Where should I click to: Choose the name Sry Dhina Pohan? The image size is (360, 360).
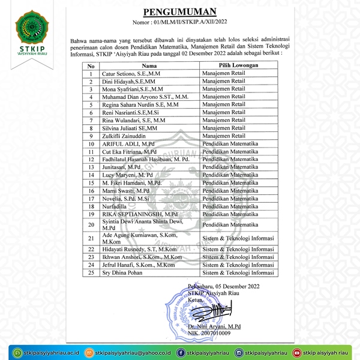[x=122, y=272]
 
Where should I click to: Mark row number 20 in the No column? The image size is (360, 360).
[x=91, y=224]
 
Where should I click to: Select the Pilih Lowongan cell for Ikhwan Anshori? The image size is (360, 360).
[x=239, y=256]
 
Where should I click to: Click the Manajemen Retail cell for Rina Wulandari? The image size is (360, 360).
[x=224, y=121]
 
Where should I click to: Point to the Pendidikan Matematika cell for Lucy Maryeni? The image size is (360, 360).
[x=230, y=175]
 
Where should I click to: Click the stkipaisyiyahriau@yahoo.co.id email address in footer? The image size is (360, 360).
[x=133, y=352]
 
